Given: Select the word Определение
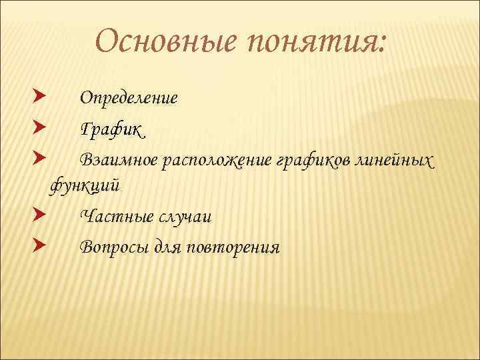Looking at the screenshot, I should (129, 99).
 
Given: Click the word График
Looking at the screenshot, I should (111, 128).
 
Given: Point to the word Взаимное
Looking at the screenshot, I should (119, 160).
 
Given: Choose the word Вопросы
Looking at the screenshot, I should (115, 247).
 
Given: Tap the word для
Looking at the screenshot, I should (171, 248).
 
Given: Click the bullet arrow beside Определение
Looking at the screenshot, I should (39, 98).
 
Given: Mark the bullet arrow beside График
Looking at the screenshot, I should (39, 127).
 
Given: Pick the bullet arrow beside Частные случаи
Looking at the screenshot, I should (39, 216).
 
